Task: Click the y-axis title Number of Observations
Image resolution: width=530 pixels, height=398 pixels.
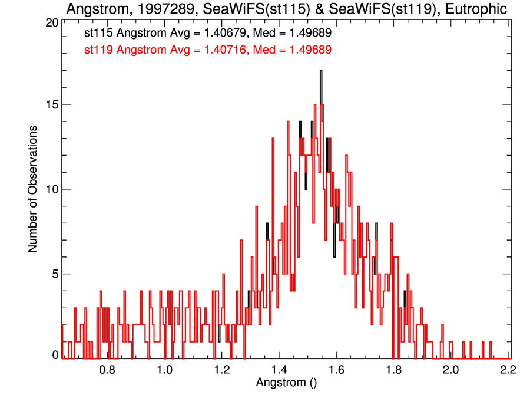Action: (x=33, y=189)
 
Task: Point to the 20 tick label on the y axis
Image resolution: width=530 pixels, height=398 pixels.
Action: (x=52, y=22)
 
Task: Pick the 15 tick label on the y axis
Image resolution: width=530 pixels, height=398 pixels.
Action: (x=52, y=104)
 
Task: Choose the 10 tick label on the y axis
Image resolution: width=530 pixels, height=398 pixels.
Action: (x=52, y=189)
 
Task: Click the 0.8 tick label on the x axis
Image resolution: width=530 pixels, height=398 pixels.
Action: (x=107, y=370)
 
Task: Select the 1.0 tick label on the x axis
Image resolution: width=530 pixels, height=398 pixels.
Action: (x=164, y=370)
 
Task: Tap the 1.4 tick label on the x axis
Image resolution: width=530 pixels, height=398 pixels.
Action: (x=279, y=370)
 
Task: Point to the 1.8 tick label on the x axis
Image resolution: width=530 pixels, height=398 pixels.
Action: (x=393, y=370)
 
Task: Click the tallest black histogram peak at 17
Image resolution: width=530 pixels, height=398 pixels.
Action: (x=321, y=73)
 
